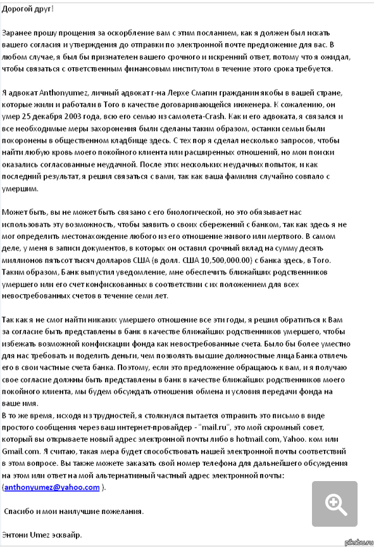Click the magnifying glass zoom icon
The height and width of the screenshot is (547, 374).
click(334, 503)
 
